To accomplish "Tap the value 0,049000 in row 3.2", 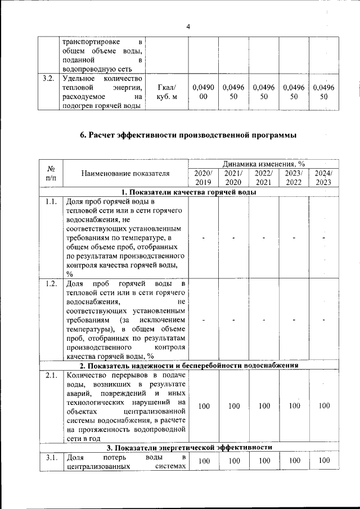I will click(202, 92).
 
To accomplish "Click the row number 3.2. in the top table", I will click(48, 78).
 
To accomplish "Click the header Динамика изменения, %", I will click(263, 164).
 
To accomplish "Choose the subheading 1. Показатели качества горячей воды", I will click(189, 192).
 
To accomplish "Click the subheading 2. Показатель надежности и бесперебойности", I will click(189, 365).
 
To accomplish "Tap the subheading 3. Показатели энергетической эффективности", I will click(189, 447).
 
